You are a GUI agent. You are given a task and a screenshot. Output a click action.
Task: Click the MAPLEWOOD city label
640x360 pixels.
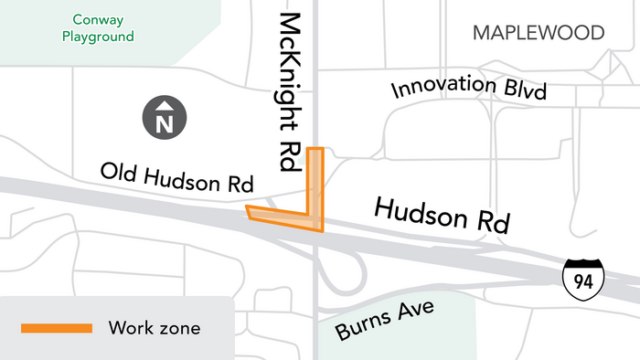click(x=539, y=34)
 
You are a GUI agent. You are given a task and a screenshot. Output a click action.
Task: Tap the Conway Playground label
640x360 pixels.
click(x=99, y=27)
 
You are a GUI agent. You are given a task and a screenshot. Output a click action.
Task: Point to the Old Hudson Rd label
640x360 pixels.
click(x=176, y=176)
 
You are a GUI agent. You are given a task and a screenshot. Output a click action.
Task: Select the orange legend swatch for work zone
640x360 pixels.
click(x=57, y=327)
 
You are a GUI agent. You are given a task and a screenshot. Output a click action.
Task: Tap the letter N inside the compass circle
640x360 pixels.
click(x=165, y=121)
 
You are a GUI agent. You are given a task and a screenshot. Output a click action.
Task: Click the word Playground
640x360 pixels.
click(x=99, y=37)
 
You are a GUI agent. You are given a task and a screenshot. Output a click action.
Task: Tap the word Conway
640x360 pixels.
click(x=99, y=18)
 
